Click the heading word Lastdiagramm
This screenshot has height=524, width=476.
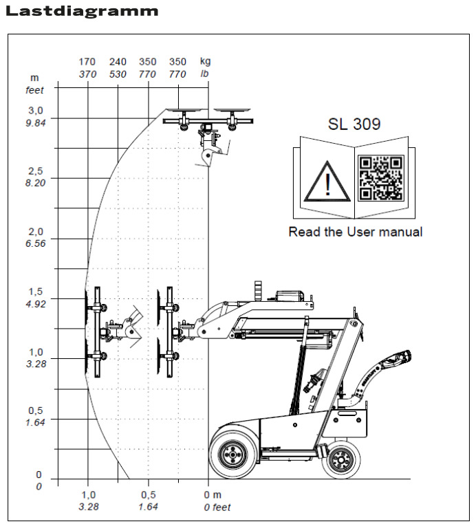81,11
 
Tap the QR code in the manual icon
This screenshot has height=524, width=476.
380,177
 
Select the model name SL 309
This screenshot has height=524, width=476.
354,124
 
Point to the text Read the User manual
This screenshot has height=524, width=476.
355,232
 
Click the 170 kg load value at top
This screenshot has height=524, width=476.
87,62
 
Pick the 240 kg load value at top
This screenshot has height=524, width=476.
118,62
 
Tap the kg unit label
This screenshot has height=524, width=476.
205,62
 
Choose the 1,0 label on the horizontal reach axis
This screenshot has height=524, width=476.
88,494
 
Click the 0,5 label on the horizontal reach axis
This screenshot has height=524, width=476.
147,494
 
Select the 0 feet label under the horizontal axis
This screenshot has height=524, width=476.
217,507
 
